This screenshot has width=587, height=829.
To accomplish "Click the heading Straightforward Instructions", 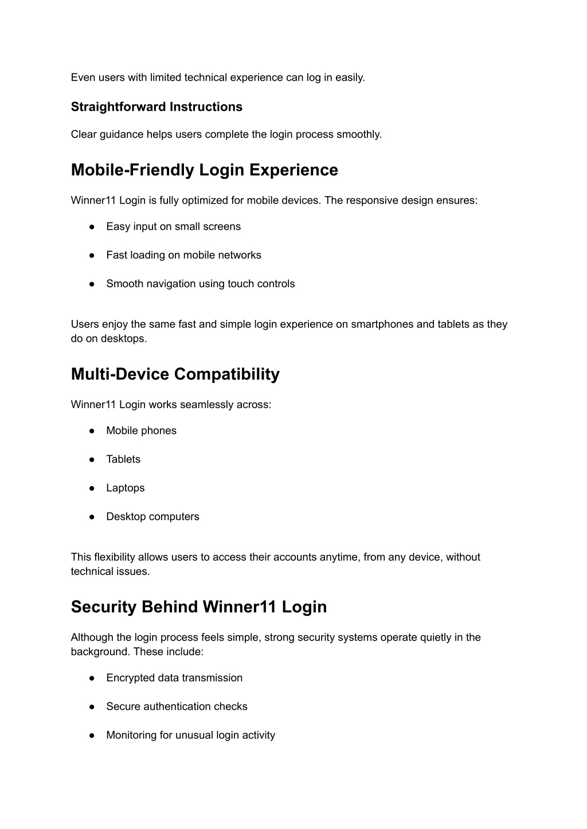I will click(156, 107).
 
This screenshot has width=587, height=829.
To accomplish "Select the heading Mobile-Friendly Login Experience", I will click(205, 170).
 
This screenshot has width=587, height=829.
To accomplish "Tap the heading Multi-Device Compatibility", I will click(175, 374).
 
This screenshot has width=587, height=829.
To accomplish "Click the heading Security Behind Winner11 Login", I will click(199, 607).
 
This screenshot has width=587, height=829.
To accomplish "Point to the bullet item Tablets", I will click(123, 459).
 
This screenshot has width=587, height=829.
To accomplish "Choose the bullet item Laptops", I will click(126, 488).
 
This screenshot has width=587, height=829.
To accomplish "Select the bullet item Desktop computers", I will click(152, 517).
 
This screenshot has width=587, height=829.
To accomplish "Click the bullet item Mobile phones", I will click(141, 431).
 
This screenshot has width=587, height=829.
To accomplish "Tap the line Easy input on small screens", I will click(173, 226).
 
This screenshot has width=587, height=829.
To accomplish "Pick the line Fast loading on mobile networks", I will click(183, 255).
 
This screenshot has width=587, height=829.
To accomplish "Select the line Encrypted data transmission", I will click(174, 678).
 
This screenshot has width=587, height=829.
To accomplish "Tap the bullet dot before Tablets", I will click(92, 459).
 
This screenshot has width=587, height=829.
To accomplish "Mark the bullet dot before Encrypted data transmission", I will click(92, 678).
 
